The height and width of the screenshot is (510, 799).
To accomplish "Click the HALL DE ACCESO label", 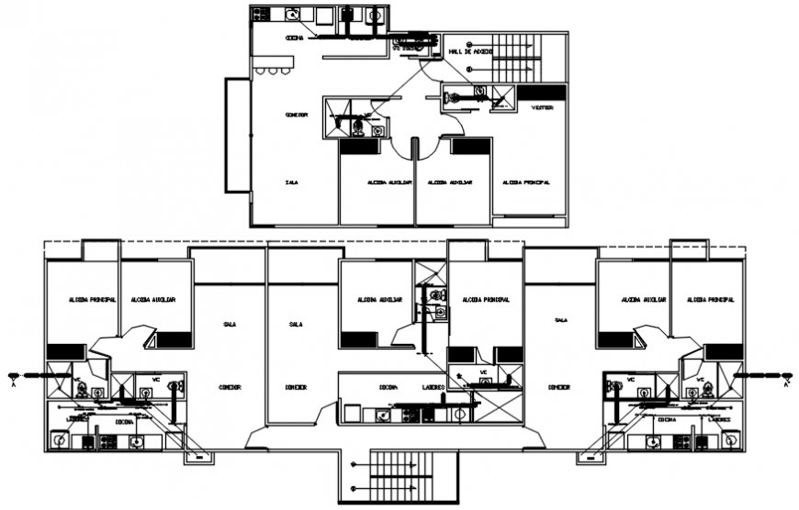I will pos(469,53).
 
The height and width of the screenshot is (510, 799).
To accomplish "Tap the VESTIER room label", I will pos(543,107).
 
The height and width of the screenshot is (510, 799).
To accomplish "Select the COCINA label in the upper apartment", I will pos(295,39).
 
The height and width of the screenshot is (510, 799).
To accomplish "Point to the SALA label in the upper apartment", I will pos(291,183).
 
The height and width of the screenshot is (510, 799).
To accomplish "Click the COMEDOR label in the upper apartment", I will pos(296,115).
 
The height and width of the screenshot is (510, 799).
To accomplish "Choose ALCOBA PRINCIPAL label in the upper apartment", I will pos(526,183).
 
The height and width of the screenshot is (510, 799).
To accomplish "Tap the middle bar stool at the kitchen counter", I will pos(273,71).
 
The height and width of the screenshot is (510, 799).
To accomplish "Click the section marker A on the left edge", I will pos(13,377).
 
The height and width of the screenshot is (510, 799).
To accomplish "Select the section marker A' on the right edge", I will pos(786,377).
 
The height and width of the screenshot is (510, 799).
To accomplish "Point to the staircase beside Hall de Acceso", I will pos(515,59).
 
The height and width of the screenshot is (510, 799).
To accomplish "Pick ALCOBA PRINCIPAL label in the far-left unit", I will pos(91,300).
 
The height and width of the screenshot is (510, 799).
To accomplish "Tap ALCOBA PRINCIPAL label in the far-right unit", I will pos(710,300).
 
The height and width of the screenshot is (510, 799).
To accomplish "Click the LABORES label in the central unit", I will pos(434,387).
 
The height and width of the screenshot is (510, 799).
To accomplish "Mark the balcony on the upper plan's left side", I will pos(237,135).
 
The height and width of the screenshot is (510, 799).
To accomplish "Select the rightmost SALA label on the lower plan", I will pos(560,320).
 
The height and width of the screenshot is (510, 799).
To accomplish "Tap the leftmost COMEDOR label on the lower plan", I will pos(230,387).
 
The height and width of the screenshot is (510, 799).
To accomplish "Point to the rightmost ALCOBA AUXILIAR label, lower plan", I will pos(643,300).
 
